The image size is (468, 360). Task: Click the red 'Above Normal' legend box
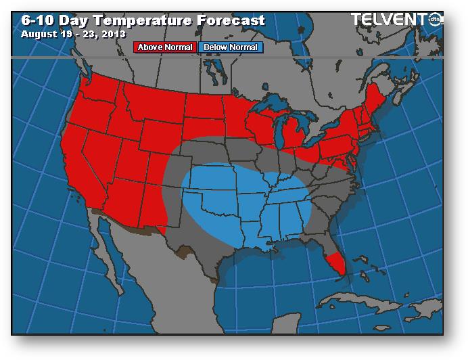tap(165, 47)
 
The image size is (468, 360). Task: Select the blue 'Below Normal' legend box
tap(231, 47)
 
